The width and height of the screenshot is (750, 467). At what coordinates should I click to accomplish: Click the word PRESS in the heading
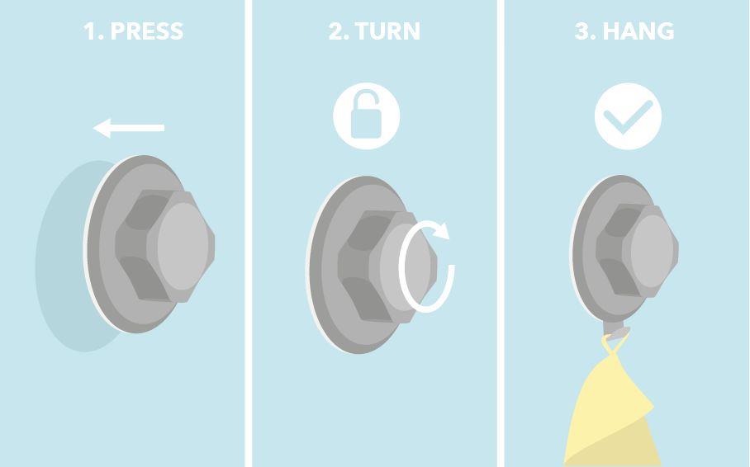coord(147,31)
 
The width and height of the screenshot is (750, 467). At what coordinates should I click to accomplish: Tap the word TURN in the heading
coord(388,31)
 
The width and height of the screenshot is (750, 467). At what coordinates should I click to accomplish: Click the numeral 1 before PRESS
coord(89,31)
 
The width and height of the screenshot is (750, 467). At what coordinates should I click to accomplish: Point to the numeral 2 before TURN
coord(338,31)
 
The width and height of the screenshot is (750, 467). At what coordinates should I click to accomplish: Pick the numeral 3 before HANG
coord(584,31)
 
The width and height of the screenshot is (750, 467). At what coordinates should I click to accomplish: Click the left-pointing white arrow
coord(129,128)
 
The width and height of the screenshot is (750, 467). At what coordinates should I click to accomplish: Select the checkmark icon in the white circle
coord(628,117)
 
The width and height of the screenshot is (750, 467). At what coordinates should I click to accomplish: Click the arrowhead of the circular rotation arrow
coord(441,230)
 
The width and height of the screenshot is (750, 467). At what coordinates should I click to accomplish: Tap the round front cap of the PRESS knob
coord(183,246)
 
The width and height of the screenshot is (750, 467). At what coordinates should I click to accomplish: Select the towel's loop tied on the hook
coord(615,343)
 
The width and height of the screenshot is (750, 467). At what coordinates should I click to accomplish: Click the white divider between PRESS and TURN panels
coord(249,233)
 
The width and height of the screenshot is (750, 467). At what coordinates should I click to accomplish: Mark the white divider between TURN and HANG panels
coord(501,233)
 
